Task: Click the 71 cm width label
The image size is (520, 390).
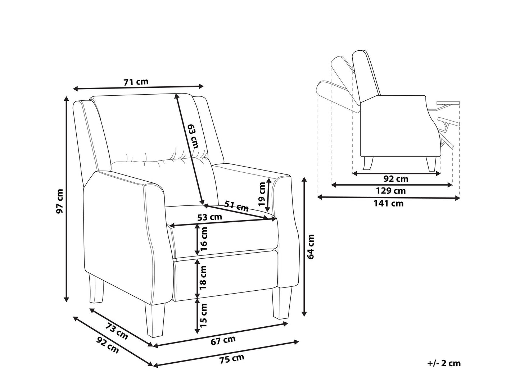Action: [136, 82]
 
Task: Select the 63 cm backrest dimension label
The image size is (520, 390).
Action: [193, 137]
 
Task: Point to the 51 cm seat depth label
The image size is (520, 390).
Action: [236, 206]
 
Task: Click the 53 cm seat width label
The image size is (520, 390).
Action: [210, 217]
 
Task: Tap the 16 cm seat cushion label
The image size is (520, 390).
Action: [204, 239]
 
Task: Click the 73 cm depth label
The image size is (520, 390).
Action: [117, 331]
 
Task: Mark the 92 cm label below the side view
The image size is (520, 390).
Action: [396, 179]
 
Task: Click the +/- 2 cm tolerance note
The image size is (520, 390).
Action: [444, 363]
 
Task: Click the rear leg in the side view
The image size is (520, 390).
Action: [368, 163]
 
